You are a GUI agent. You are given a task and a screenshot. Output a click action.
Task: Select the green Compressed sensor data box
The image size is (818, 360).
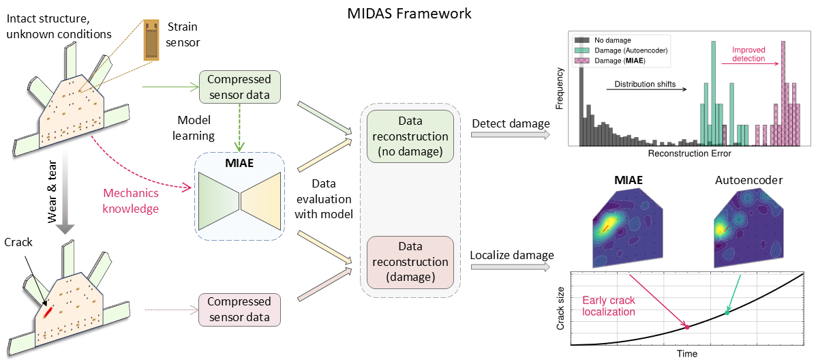(x=239, y=87)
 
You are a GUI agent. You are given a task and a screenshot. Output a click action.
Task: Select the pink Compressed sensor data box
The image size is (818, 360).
(x=239, y=309)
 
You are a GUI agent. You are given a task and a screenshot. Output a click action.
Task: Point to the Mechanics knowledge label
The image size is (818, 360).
(x=131, y=200)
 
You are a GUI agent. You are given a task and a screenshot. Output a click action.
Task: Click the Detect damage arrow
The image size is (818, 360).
(x=510, y=135)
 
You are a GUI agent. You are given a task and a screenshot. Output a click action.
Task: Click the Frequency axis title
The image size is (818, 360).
(x=560, y=89)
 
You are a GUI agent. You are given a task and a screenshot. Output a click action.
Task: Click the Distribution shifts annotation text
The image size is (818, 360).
(x=644, y=84)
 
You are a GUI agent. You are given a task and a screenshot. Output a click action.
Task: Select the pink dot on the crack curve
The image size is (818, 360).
(x=686, y=327)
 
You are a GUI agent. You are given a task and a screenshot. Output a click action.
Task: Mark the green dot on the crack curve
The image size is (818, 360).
(x=727, y=312)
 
